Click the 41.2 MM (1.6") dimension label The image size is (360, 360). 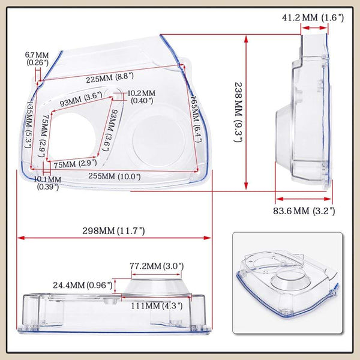point(313,17)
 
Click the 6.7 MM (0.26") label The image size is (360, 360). point(37,59)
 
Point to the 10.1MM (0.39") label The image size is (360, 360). point(46,183)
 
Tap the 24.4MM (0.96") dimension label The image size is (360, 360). point(83,284)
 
